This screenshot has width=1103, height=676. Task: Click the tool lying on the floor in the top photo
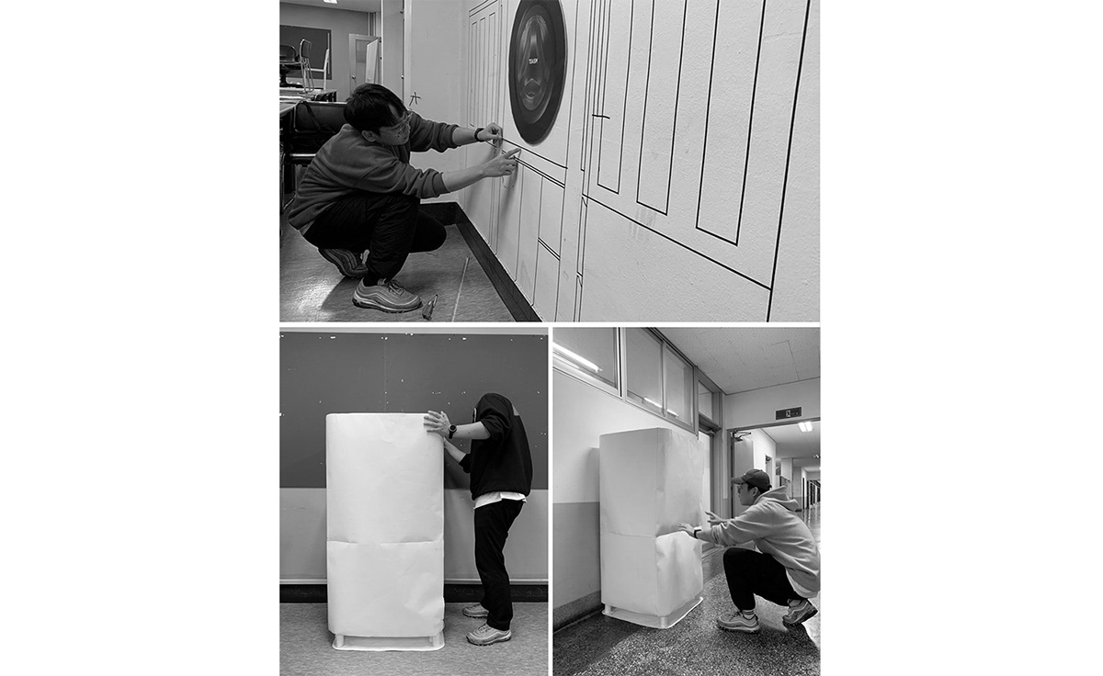coord(429,306)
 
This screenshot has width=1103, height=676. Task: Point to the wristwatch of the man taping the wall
coord(478,135)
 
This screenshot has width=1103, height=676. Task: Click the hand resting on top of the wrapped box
coord(437,422)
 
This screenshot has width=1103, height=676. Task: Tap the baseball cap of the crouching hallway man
coord(753,479)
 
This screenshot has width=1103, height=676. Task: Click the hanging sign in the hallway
coord(788,413)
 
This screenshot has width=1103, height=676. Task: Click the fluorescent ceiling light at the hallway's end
coord(805,426)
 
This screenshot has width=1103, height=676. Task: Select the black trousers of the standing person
coord(497,560)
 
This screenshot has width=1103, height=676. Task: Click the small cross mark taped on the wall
coord(415,97)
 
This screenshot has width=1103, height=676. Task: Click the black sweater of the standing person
coord(501,450)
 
